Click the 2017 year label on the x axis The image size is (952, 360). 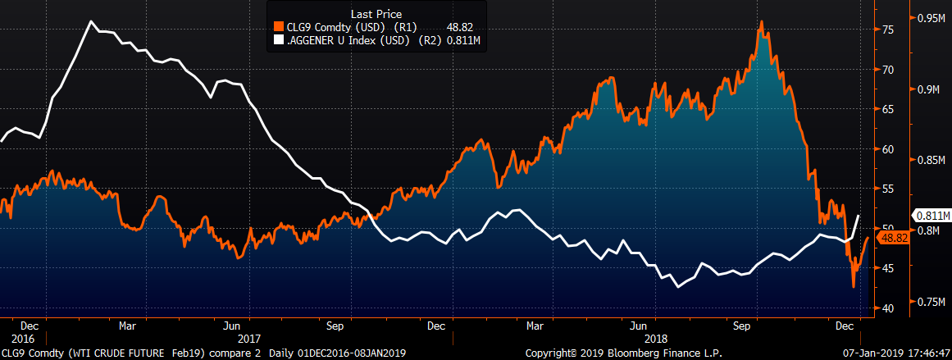248,338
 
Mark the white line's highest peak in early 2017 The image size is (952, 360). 90,21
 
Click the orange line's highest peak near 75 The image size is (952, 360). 762,22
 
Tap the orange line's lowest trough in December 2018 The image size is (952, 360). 854,287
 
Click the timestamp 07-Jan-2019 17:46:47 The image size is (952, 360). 897,353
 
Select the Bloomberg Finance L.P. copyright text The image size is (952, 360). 602,353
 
